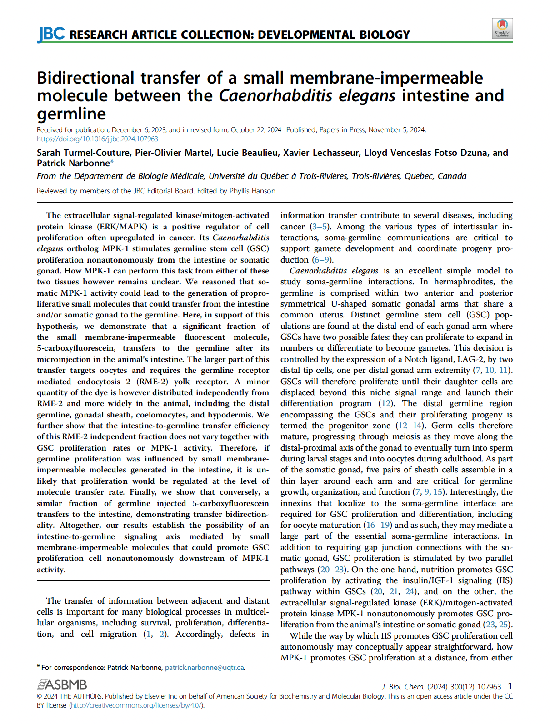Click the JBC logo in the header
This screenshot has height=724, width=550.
pyautogui.click(x=51, y=34)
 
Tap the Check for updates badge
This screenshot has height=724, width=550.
pyautogui.click(x=502, y=28)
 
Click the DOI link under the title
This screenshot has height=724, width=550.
pyautogui.click(x=97, y=139)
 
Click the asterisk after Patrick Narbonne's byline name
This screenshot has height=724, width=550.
pyautogui.click(x=112, y=162)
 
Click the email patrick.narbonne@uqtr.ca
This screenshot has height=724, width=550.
pyautogui.click(x=204, y=668)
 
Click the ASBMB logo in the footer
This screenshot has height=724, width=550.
pyautogui.click(x=62, y=684)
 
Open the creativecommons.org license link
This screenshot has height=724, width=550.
pyautogui.click(x=136, y=705)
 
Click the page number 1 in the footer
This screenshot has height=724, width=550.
pyautogui.click(x=510, y=686)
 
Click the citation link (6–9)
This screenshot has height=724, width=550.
pyautogui.click(x=322, y=260)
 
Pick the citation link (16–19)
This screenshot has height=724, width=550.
pyautogui.click(x=378, y=525)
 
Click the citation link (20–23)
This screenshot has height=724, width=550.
pyautogui.click(x=333, y=570)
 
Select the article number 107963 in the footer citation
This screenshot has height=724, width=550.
pyautogui.click(x=489, y=687)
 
